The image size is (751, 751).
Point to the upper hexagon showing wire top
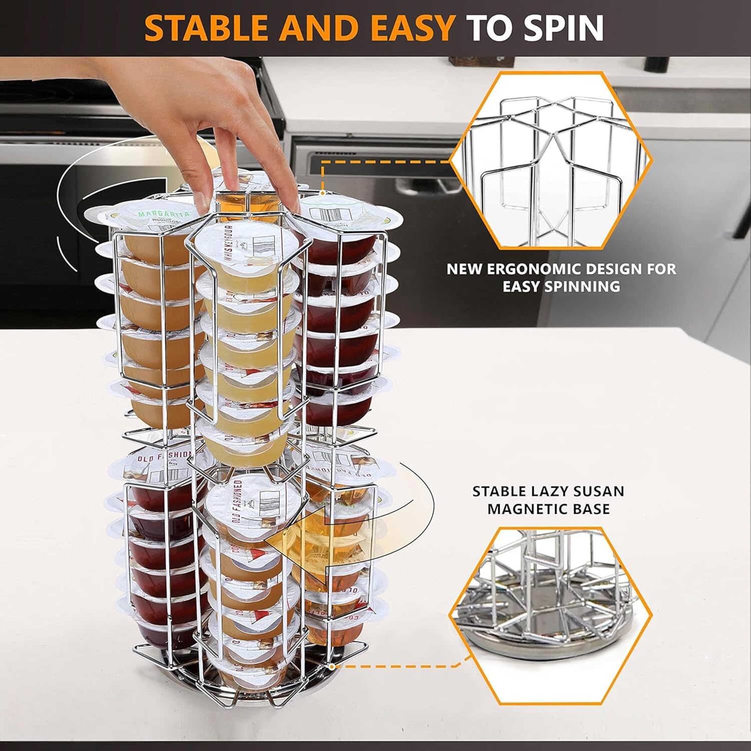[x=551, y=160]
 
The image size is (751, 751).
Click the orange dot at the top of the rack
[x=323, y=193]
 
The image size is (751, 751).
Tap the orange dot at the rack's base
[x=331, y=666]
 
